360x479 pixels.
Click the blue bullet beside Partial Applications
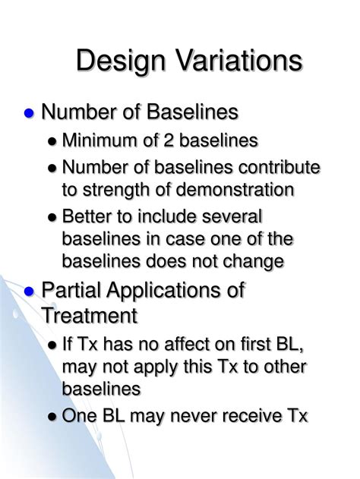click(30, 291)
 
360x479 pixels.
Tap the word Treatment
click(89, 314)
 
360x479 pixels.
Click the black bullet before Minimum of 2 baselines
click(52, 141)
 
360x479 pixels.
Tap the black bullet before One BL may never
click(52, 416)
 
